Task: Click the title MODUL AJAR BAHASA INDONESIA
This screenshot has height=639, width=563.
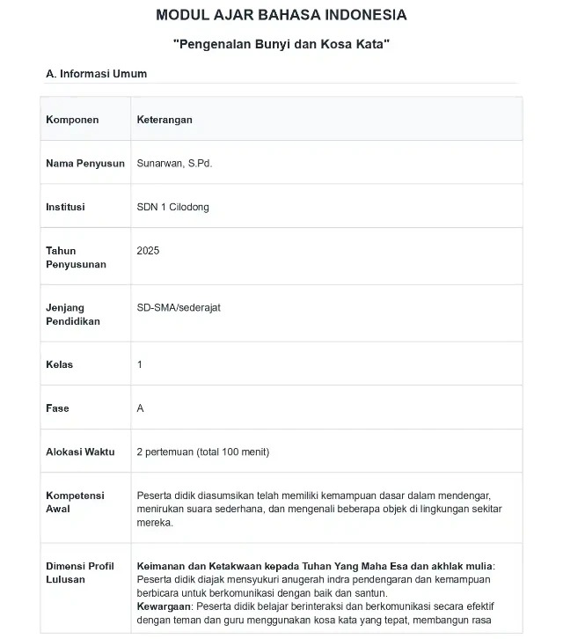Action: point(281,15)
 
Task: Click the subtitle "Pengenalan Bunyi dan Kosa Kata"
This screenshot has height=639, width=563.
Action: point(281,43)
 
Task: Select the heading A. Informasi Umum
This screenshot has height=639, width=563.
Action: point(97,74)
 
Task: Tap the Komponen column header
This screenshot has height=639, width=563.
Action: point(72,120)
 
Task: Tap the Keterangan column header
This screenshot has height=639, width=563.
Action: point(165,120)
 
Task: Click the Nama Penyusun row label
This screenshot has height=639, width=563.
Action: point(85,164)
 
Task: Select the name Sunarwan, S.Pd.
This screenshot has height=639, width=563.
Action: point(174,164)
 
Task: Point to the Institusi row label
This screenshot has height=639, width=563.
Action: point(65,207)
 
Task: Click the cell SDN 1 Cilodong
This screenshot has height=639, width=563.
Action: point(173,207)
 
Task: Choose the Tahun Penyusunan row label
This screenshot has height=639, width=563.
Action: point(76,257)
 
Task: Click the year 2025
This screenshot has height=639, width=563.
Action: point(148,251)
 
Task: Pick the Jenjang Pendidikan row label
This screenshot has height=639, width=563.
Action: point(73,314)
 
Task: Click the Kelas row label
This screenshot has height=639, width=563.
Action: point(59,364)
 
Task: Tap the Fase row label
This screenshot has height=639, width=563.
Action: point(57,408)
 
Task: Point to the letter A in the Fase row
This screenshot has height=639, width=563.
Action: point(141,408)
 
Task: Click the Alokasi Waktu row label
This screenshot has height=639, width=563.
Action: point(80,452)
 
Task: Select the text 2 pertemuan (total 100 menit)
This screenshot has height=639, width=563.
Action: point(203,452)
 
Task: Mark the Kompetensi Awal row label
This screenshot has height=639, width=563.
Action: point(75,502)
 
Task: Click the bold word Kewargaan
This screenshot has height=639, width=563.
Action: point(165,606)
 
